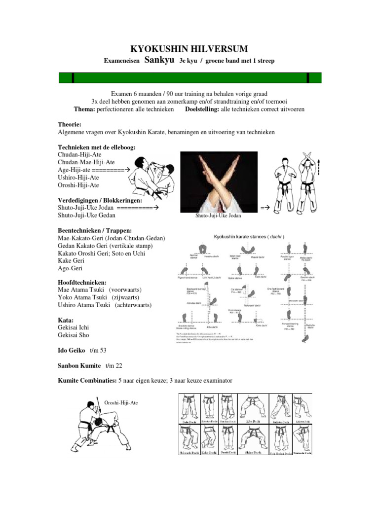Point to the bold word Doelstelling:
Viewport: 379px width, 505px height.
(x=201, y=109)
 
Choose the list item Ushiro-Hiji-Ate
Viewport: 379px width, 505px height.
(x=78, y=177)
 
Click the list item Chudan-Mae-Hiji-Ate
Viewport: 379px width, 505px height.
(x=86, y=162)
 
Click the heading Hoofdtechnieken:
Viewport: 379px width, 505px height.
(x=82, y=283)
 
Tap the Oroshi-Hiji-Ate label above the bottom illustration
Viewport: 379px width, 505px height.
(x=121, y=402)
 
